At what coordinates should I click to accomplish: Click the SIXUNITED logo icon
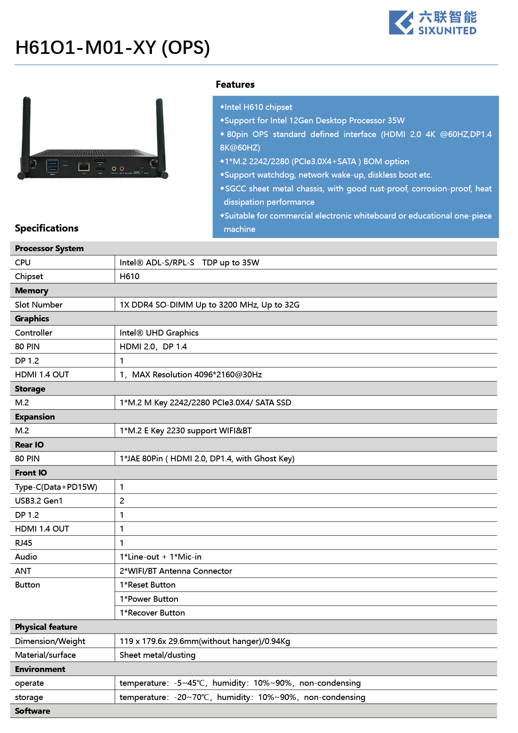[x=401, y=23]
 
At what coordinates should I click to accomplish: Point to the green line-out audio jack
[x=114, y=169]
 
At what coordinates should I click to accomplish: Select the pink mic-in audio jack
[x=122, y=169]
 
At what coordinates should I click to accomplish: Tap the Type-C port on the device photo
[x=66, y=162]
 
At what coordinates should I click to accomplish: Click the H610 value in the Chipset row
[x=129, y=276]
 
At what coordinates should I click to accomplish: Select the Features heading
[x=235, y=84]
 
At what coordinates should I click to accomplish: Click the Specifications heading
[x=47, y=228]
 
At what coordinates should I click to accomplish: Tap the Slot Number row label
[x=38, y=305]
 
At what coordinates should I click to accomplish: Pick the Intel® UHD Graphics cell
[x=159, y=333]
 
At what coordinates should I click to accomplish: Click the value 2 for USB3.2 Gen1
[x=122, y=501]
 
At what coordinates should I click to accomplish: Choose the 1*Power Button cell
[x=149, y=599]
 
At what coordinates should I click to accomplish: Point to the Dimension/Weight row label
[x=50, y=641]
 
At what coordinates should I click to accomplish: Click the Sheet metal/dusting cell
[x=157, y=655]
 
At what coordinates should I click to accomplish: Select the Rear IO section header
[x=29, y=445]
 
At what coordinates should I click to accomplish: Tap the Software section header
[x=33, y=711]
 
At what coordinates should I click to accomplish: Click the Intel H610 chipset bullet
[x=258, y=107]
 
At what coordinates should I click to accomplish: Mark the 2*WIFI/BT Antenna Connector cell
[x=176, y=571]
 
